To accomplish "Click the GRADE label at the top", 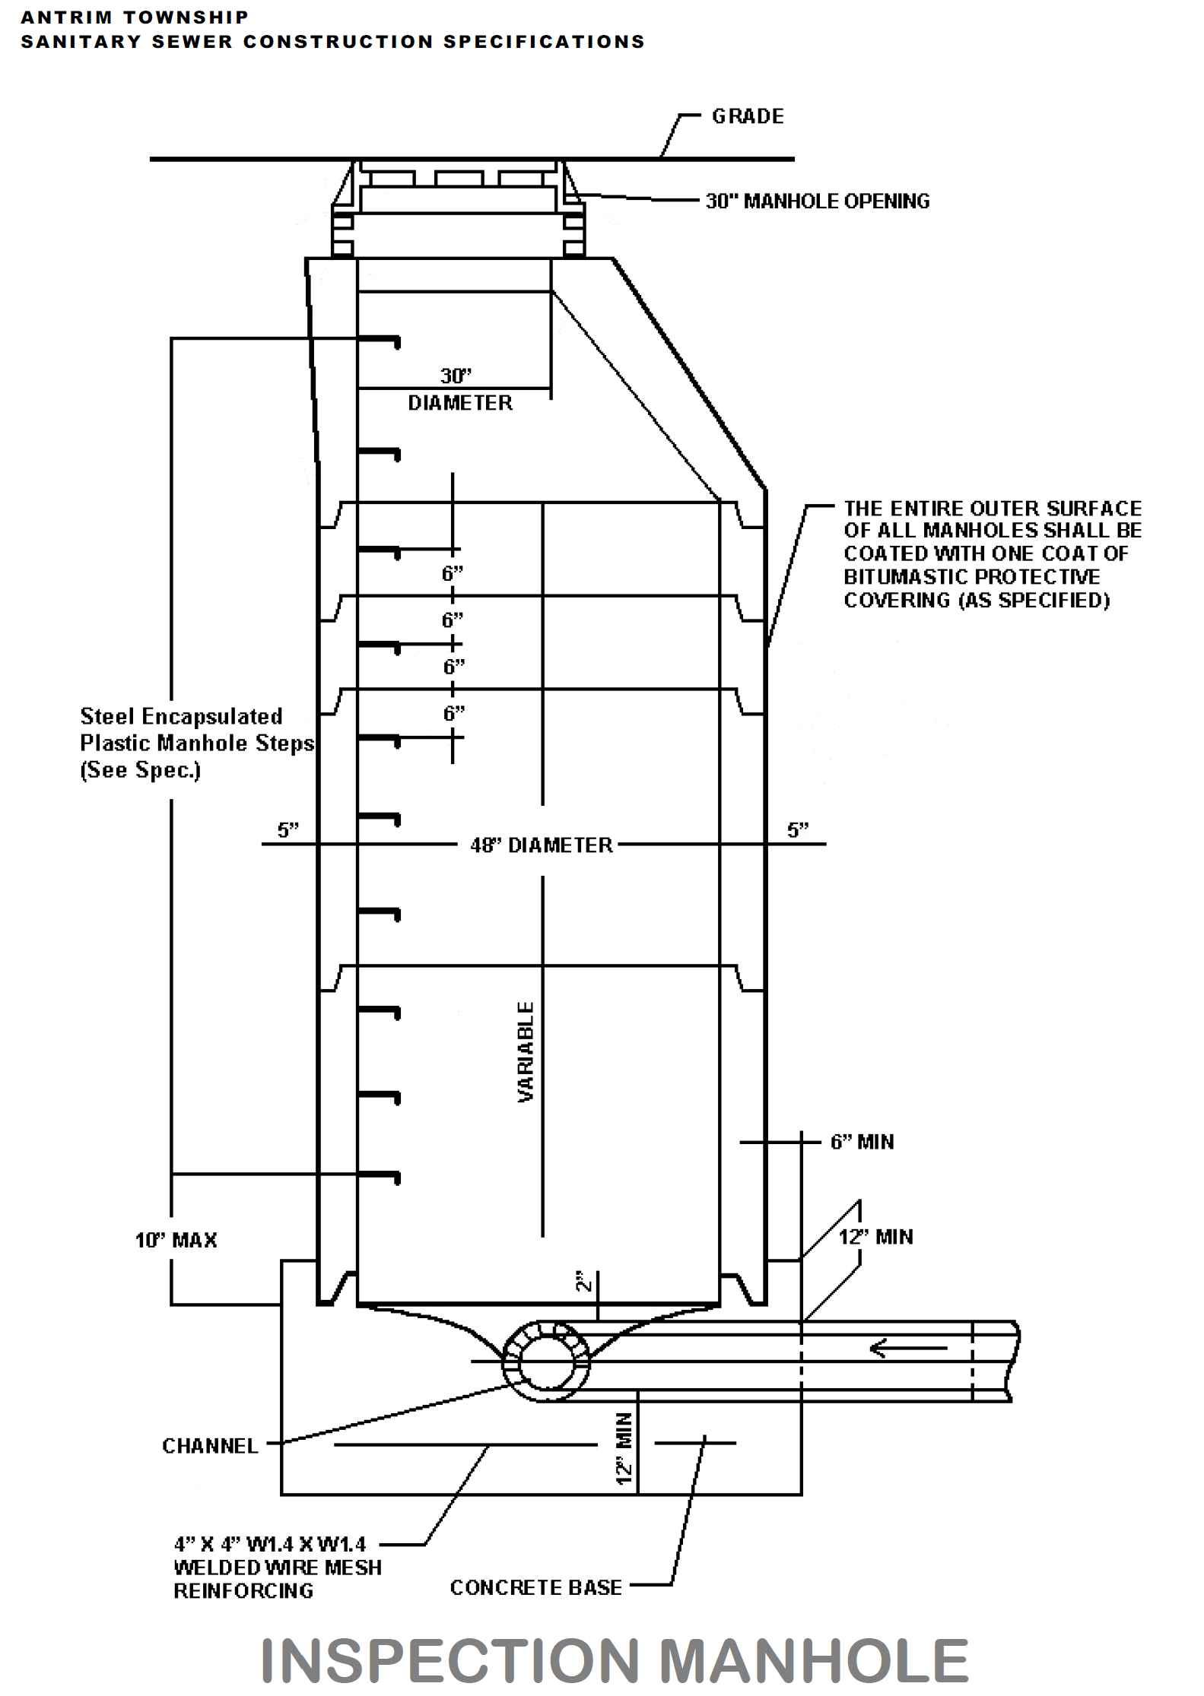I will (747, 116).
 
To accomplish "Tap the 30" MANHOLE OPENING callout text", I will (818, 201).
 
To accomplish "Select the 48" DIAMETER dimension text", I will (541, 845).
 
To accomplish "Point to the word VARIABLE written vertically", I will (526, 1052).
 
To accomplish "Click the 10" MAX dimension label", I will (176, 1241).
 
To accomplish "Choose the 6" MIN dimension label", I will (862, 1143).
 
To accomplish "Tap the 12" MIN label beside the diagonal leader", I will (875, 1238).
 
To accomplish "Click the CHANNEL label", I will (210, 1446).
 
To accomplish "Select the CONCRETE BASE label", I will (535, 1588).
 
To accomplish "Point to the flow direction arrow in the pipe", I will (908, 1349).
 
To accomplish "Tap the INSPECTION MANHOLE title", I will (614, 1661).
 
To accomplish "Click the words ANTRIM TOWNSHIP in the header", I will (135, 17).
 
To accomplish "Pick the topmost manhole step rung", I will (379, 339).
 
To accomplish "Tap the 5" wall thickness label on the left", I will (287, 830).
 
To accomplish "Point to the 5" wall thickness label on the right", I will (797, 830).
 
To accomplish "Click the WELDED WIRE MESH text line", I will (278, 1568).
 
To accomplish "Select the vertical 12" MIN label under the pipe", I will (624, 1448).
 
